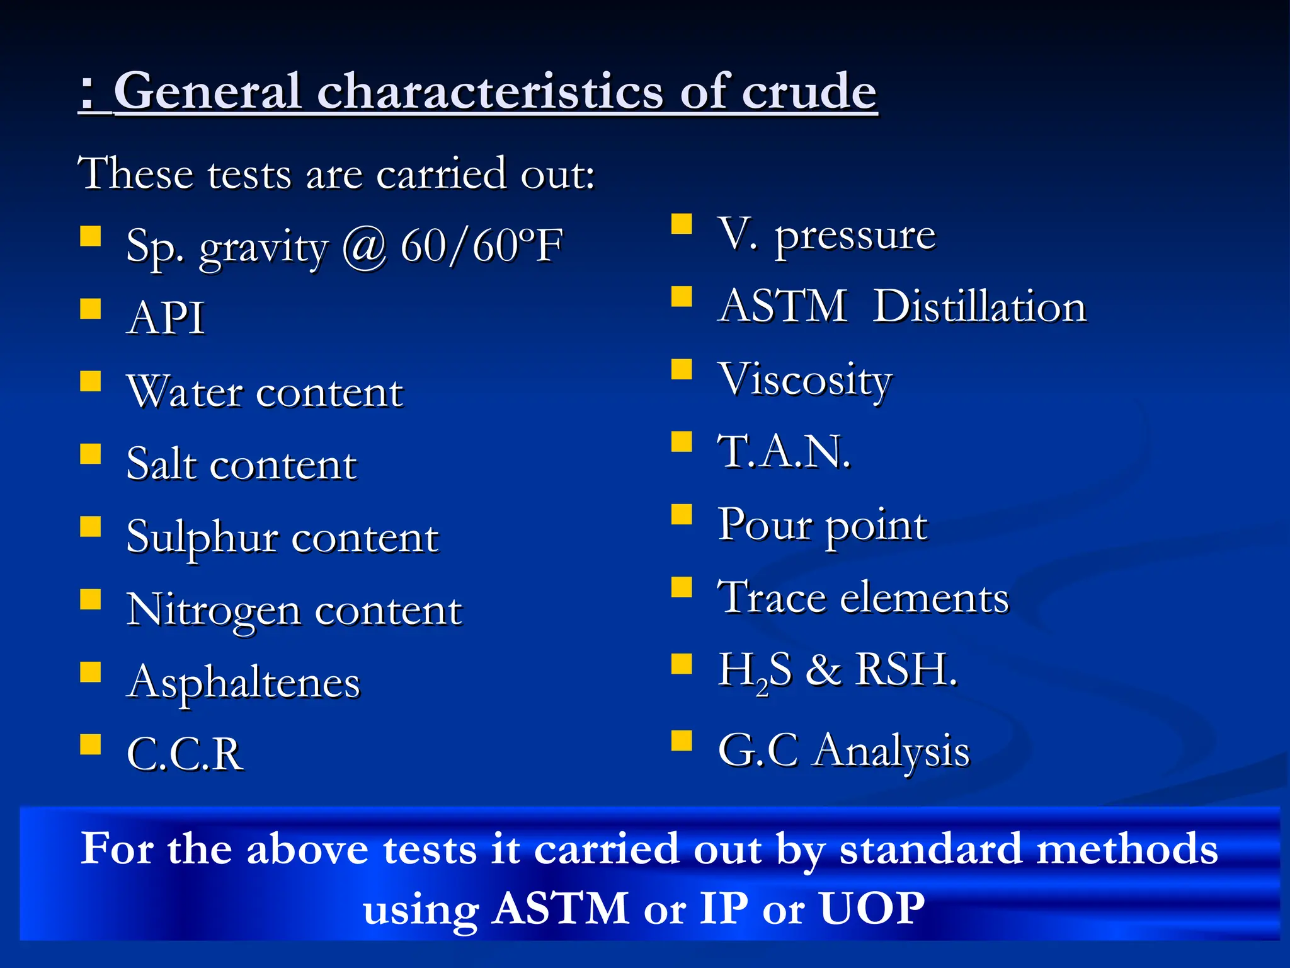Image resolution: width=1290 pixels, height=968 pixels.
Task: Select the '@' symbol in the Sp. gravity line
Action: click(364, 246)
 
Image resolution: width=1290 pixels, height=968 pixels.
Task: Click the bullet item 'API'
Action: click(166, 318)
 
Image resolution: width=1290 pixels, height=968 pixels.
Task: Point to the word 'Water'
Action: click(185, 392)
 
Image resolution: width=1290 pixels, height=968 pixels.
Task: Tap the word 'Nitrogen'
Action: click(214, 611)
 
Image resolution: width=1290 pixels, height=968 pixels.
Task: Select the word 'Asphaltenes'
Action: click(243, 683)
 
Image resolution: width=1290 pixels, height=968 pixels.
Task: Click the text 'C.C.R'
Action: click(185, 754)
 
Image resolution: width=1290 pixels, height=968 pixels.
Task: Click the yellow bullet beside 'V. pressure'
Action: click(682, 224)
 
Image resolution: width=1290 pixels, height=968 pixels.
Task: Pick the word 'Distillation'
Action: click(979, 307)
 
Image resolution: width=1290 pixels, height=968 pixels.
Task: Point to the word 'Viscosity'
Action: click(805, 380)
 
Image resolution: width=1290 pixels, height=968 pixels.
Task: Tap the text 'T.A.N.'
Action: click(784, 452)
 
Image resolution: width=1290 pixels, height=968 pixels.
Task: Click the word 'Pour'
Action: click(765, 524)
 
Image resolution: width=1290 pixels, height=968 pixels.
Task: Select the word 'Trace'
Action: click(772, 597)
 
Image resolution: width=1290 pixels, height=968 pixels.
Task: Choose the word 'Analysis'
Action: click(891, 751)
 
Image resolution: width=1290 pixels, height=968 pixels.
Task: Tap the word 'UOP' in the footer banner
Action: click(872, 908)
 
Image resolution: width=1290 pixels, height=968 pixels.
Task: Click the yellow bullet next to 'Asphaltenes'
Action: click(91, 672)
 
